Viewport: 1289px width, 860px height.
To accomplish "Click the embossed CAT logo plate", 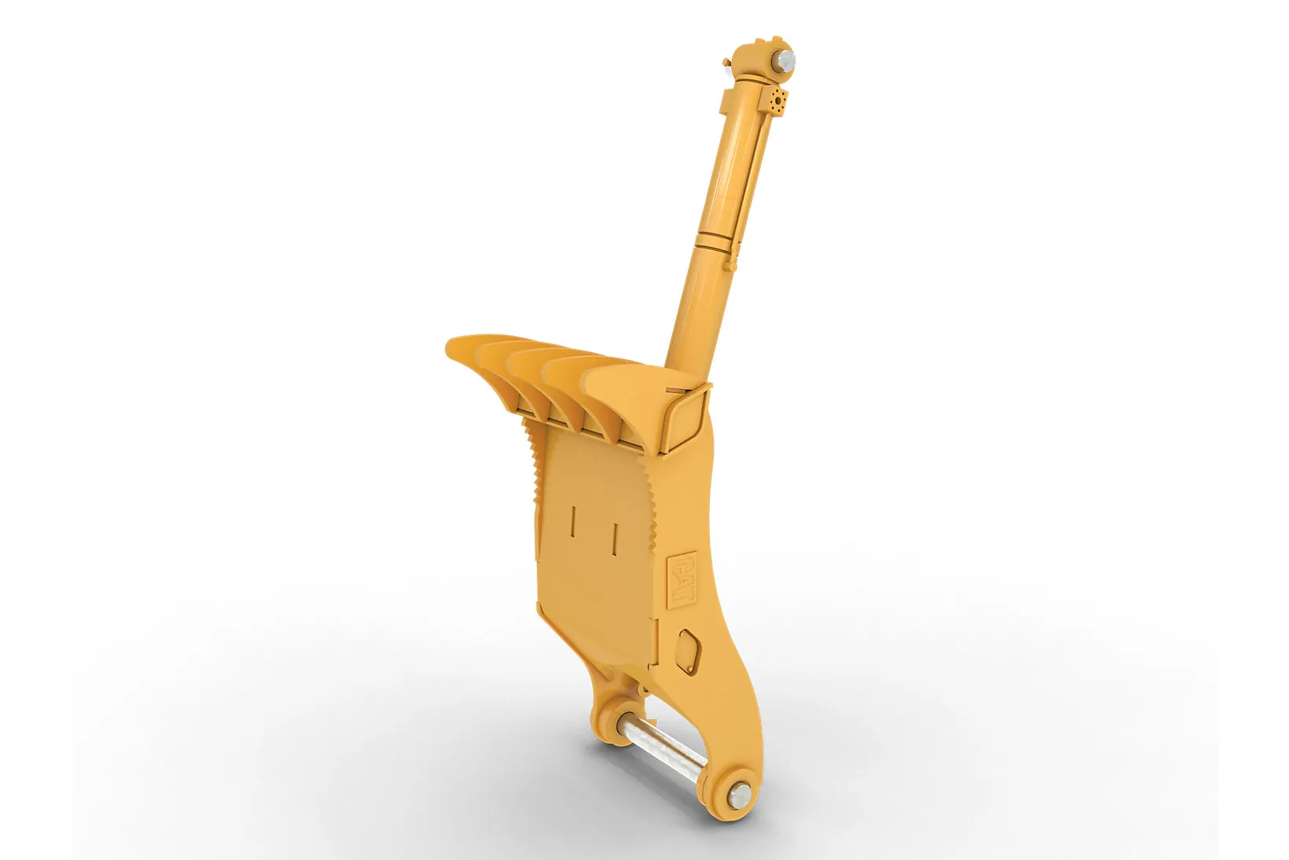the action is [681, 579].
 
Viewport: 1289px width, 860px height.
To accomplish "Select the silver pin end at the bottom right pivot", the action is [739, 796].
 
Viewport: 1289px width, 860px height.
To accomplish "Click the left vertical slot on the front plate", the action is [572, 520].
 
